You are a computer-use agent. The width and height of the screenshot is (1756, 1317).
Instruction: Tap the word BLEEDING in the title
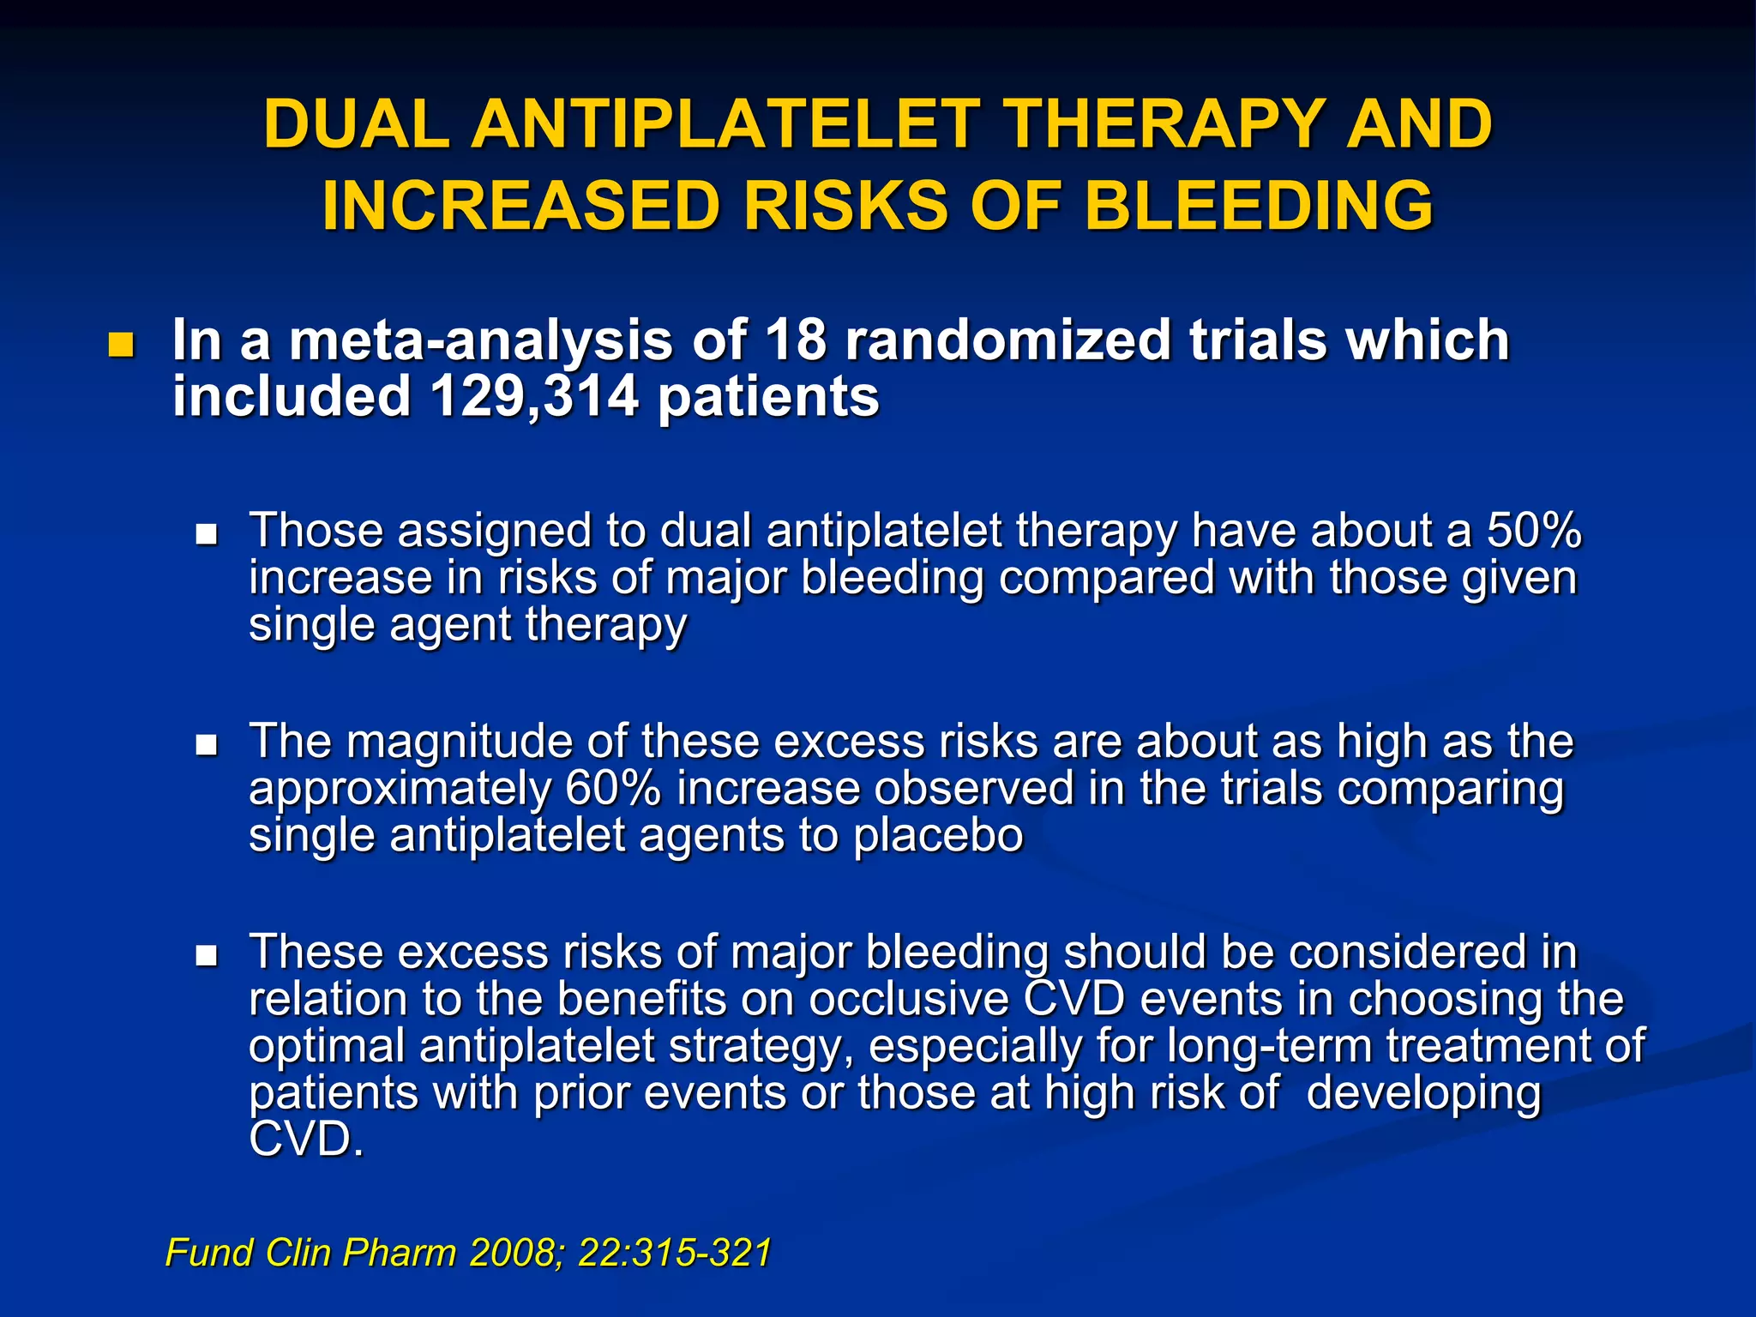[1259, 207]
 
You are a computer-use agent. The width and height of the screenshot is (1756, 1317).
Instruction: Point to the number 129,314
[533, 397]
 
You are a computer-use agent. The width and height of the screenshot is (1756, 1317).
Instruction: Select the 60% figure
[613, 789]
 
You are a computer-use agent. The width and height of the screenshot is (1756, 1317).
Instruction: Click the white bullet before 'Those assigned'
[207, 536]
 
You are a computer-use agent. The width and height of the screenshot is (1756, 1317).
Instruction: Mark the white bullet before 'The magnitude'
[207, 746]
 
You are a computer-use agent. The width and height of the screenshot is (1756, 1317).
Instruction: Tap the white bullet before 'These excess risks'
[207, 956]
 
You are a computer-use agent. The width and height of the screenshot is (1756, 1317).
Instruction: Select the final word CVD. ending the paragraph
[306, 1140]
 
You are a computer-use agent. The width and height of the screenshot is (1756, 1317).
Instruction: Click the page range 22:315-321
[675, 1253]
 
